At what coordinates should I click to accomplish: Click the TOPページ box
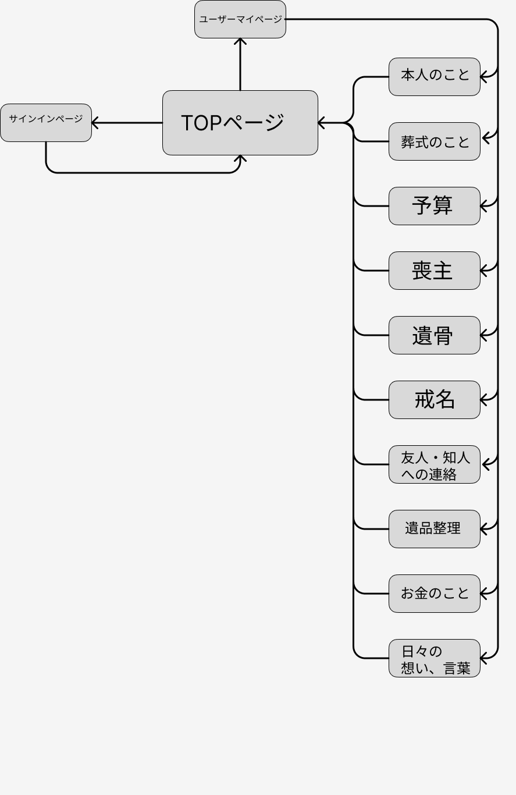(240, 123)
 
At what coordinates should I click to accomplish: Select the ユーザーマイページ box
(240, 19)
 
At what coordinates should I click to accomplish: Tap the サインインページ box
(46, 123)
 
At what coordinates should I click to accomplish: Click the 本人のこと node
(434, 77)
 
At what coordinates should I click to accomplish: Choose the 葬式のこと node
(434, 141)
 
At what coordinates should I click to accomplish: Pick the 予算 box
(434, 206)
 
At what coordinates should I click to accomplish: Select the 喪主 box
(434, 271)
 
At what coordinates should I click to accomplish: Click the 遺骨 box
(434, 335)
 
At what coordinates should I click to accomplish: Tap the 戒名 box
(434, 400)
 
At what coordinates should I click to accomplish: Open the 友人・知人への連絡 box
(434, 464)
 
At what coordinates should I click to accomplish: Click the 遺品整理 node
(434, 529)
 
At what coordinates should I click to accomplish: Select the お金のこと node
(434, 594)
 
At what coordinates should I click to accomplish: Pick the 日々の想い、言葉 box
(434, 658)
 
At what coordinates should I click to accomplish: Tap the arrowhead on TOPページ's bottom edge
(240, 158)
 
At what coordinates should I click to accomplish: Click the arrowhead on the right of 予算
(485, 206)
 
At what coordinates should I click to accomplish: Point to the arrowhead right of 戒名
(485, 400)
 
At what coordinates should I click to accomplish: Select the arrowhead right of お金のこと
(485, 594)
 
